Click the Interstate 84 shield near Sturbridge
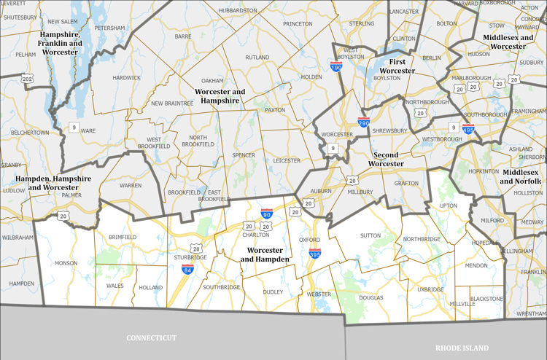pos(187,269)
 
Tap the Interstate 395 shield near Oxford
pos(315,254)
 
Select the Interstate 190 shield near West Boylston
pos(336,67)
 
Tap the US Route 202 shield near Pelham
pos(28,78)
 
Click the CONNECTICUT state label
pos(152,338)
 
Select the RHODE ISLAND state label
pos(461,348)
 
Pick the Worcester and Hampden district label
pos(265,254)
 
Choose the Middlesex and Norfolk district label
pos(521,176)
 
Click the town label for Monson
pos(66,261)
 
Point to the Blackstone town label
pos(486,299)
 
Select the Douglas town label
pos(371,298)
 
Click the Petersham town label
pos(110,28)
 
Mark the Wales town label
pos(115,286)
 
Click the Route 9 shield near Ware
pos(74,128)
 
